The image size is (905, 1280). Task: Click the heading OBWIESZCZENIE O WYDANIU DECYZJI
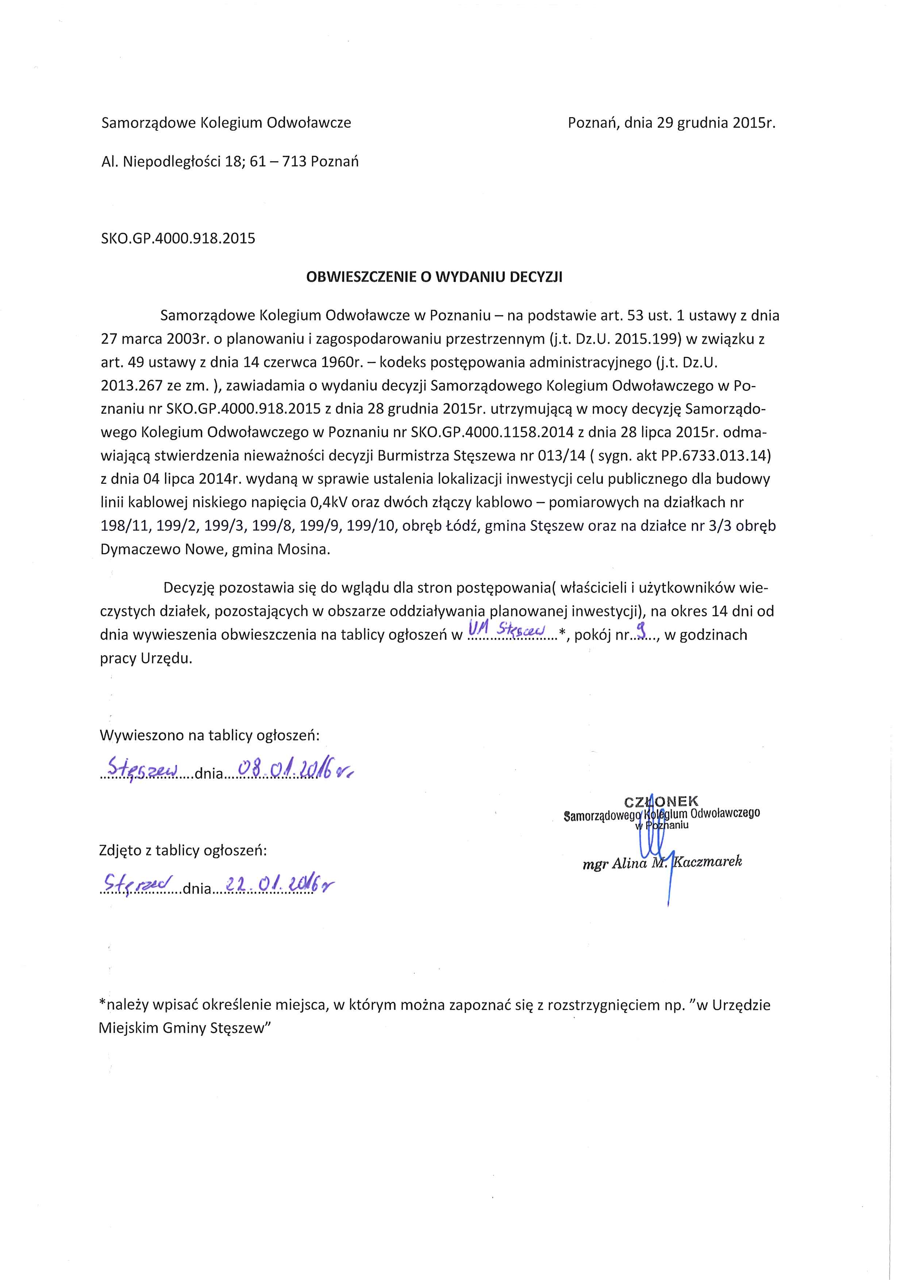434,277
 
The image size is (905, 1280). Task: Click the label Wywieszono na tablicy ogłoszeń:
210,735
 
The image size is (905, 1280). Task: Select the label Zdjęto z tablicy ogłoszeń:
183,850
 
